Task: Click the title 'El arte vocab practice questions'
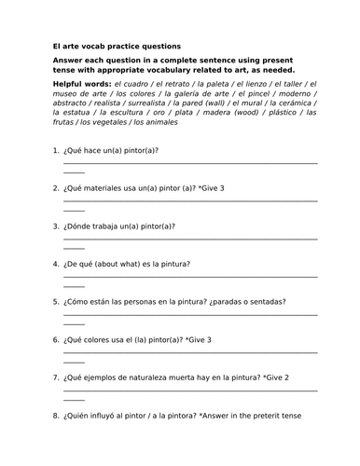(118, 46)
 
